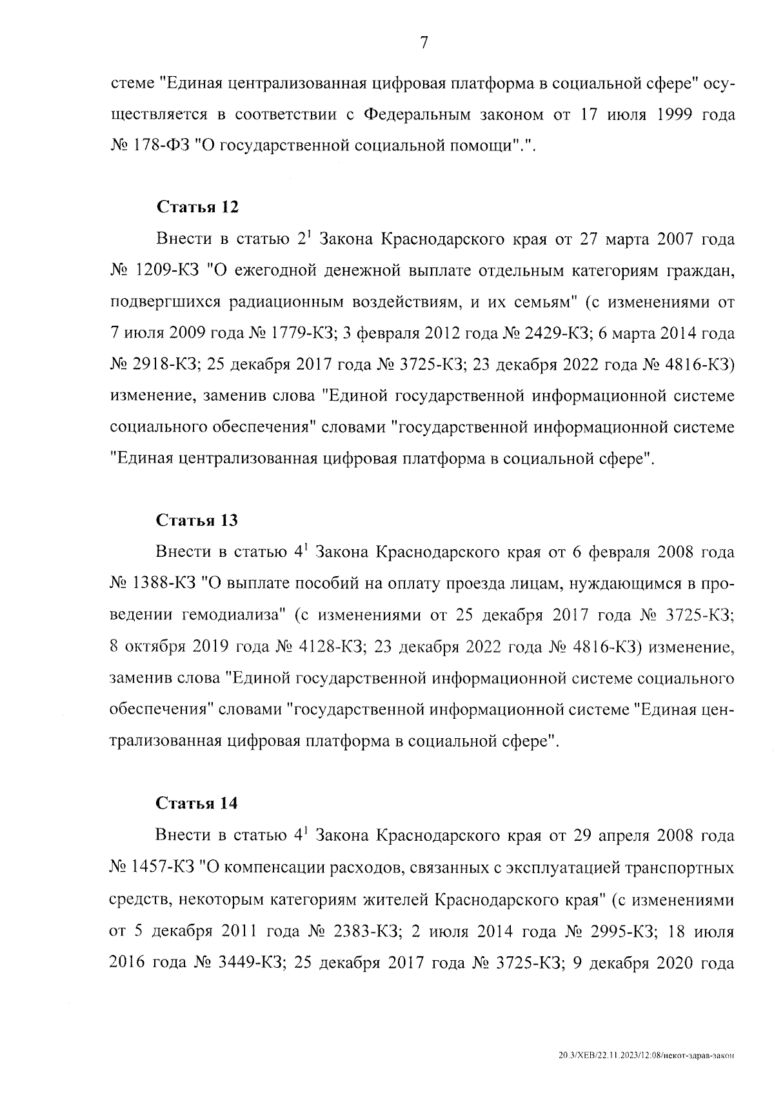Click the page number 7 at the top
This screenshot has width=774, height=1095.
424,43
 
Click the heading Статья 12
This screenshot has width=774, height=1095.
197,207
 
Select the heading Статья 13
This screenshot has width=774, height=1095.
197,520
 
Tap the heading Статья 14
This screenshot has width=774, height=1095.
197,803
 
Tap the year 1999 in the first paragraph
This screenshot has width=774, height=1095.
661,115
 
